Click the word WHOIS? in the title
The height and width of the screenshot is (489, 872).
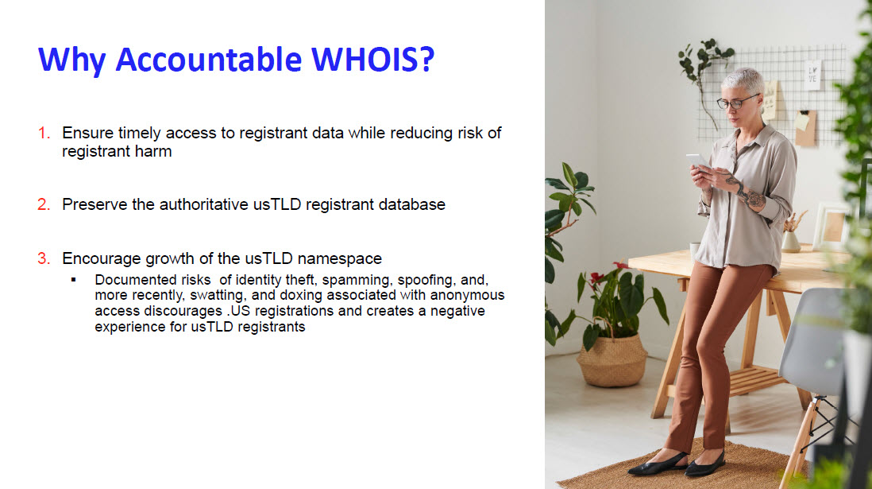tap(372, 59)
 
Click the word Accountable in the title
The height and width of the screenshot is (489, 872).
tap(209, 59)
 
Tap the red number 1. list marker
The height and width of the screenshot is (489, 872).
tap(44, 133)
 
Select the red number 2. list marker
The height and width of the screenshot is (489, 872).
tap(44, 204)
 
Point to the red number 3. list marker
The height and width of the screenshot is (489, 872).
tap(44, 258)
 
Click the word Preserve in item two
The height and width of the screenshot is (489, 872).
tap(95, 204)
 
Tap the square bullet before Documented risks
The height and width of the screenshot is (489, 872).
tap(73, 280)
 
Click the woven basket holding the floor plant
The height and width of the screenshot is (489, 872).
tap(612, 360)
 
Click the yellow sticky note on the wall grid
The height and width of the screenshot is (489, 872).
tap(801, 121)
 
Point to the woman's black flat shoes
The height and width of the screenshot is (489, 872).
tap(676, 463)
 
